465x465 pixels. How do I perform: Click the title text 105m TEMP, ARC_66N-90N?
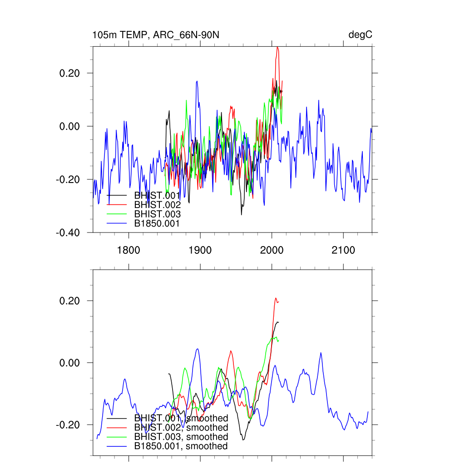coord(156,35)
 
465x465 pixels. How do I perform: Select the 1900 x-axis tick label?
coord(200,250)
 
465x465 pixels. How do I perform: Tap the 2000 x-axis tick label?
coord(272,250)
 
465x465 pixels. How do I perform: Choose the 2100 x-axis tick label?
coord(343,250)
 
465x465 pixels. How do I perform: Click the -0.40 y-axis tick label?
coord(69,232)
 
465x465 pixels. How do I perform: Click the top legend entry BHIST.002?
coord(157,205)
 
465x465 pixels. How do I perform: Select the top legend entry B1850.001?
coord(157,223)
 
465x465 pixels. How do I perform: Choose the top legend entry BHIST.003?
coord(157,214)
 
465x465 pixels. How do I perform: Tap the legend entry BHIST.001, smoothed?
coord(181,418)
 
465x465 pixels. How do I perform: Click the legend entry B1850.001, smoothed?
coord(181,446)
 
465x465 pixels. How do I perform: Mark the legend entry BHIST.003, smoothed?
coord(181,437)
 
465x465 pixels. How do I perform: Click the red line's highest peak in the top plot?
coord(277,47)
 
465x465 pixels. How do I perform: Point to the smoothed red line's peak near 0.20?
coord(276,298)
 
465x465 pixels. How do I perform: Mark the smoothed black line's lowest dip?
coord(243,440)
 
